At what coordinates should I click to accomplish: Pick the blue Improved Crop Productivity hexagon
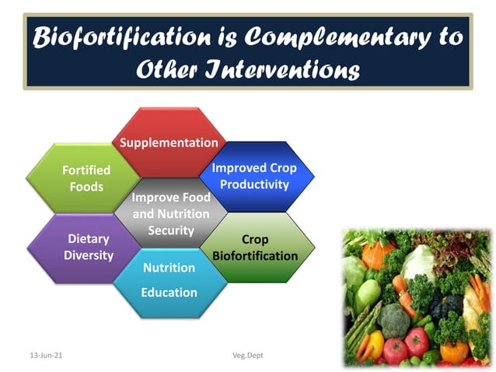(x=254, y=176)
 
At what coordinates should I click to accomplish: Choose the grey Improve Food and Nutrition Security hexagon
(x=171, y=213)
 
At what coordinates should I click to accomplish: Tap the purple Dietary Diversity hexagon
(x=88, y=247)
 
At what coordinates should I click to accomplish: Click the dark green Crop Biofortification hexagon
(x=255, y=247)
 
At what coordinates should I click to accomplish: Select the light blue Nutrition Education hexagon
(x=169, y=281)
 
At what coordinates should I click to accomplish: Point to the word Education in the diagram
(x=169, y=293)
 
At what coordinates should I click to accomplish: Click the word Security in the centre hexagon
(x=171, y=230)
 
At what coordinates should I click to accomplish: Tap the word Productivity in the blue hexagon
(x=254, y=184)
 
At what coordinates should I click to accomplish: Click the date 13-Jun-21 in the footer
(x=46, y=356)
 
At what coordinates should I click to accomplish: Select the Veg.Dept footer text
(x=248, y=356)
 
